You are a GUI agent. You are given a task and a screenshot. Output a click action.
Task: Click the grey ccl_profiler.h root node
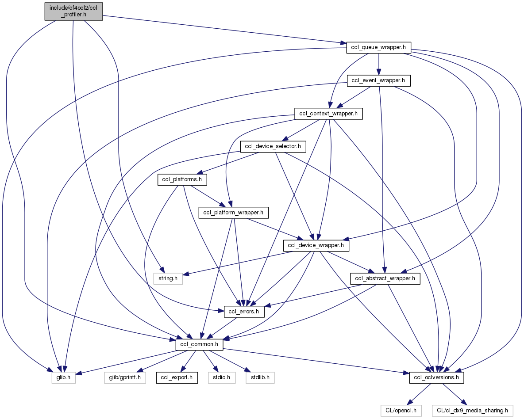point(73,11)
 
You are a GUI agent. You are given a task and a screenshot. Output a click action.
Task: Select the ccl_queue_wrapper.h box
point(379,47)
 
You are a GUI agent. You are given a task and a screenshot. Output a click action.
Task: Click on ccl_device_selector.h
point(273,147)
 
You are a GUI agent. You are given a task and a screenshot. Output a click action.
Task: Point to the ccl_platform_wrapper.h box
point(233,213)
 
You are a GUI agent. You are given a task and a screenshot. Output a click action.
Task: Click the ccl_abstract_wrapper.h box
point(385,278)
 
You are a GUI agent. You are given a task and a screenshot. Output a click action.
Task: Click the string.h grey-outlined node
point(168,278)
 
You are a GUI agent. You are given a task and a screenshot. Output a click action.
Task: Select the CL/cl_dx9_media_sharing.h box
point(472,411)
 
